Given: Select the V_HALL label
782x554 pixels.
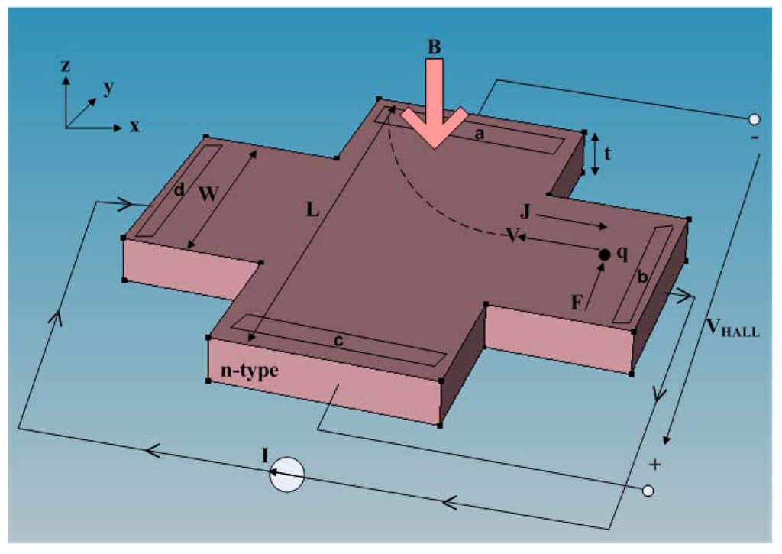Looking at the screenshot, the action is tap(732, 329).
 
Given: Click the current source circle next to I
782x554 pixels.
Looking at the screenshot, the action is tap(287, 475).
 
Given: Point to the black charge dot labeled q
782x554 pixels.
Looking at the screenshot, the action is tap(603, 254).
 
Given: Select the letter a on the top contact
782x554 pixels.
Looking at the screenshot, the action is tap(480, 134).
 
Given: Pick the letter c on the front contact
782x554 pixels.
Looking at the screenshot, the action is tap(338, 341).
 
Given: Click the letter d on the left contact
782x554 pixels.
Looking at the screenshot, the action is tap(179, 190).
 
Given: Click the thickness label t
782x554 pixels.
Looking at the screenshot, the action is tap(608, 153).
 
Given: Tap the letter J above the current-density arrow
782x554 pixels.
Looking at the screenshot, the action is tap(524, 212).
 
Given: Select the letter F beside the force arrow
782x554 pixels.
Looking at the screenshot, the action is tap(577, 303).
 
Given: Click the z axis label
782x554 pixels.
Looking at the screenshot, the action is tap(66, 66).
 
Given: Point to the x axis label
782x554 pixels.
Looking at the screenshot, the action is tap(134, 126).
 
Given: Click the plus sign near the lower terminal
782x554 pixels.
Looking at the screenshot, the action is tap(654, 465).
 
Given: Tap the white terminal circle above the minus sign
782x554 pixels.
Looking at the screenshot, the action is tap(754, 119).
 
